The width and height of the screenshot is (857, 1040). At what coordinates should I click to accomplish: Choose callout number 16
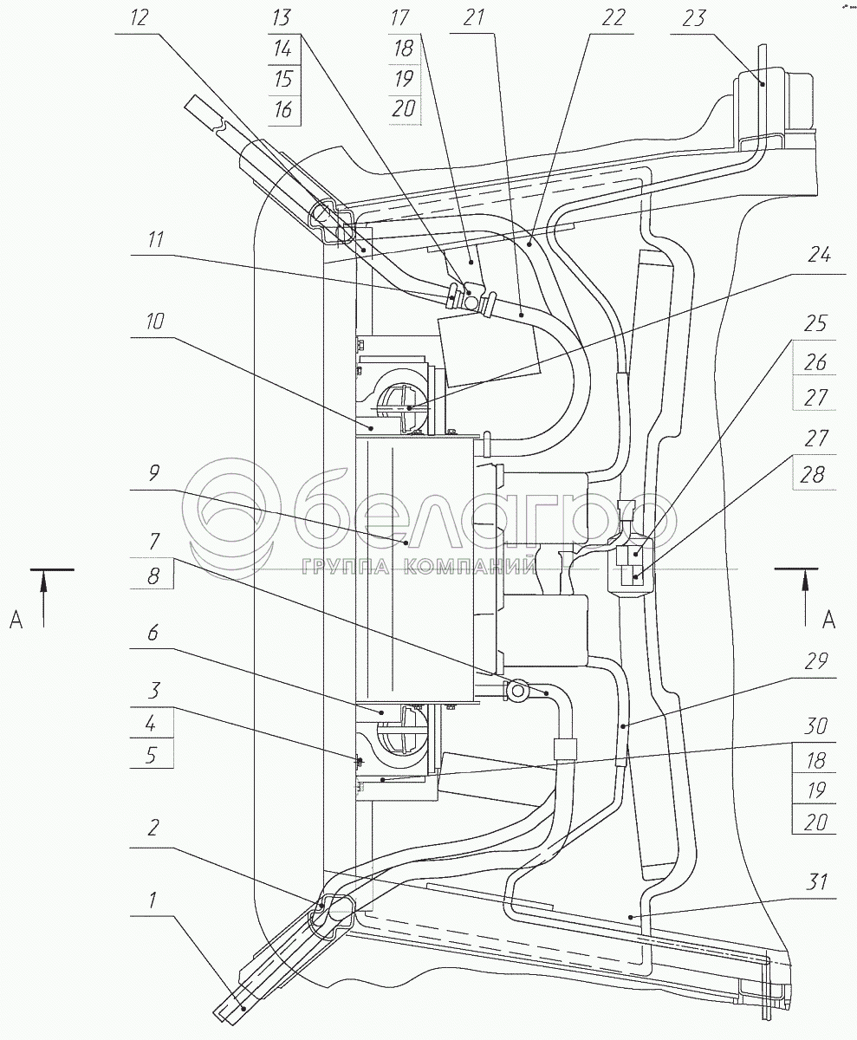pyautogui.click(x=281, y=111)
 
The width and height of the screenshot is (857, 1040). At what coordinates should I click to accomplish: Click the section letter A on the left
pyautogui.click(x=15, y=619)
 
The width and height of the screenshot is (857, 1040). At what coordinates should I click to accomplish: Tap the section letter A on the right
pyautogui.click(x=828, y=619)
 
